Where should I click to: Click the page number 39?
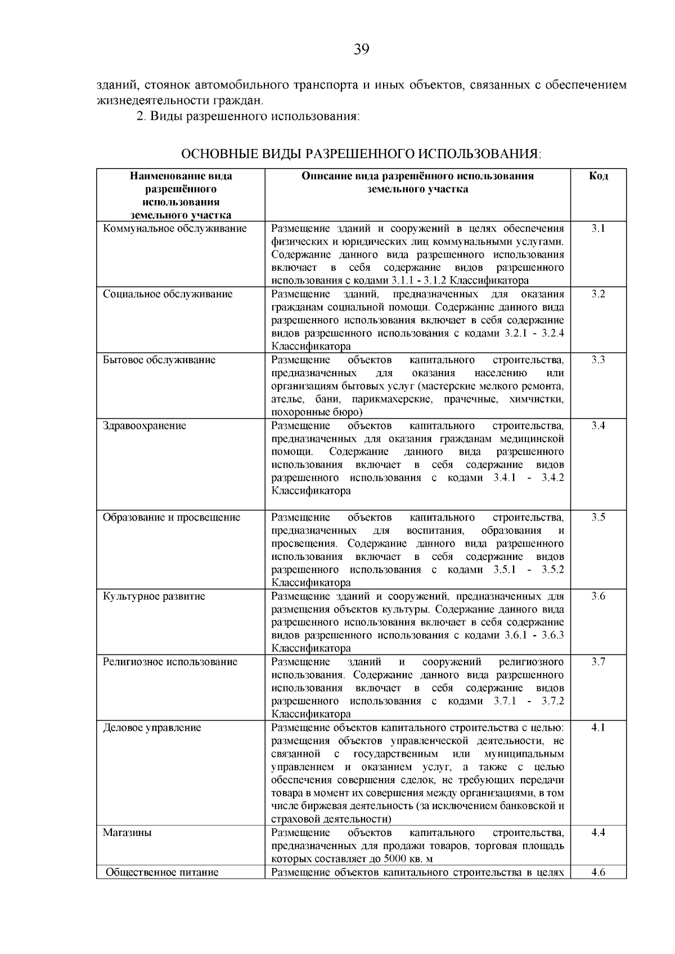[x=361, y=50]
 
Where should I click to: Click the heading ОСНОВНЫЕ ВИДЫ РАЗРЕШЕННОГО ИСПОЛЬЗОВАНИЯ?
[x=361, y=153]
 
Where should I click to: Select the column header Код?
[x=598, y=176]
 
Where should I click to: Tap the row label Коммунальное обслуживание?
[x=174, y=229]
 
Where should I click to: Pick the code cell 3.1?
[x=598, y=229]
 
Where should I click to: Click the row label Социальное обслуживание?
[x=168, y=295]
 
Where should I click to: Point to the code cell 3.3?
[x=598, y=360]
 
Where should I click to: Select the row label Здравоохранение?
[x=145, y=426]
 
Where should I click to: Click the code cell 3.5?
[x=598, y=518]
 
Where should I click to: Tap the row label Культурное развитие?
[x=154, y=596]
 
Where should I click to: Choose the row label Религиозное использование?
[x=170, y=662]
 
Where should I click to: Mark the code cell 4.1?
[x=598, y=728]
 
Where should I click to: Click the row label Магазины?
[x=127, y=833]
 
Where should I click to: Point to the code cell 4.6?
[x=598, y=872]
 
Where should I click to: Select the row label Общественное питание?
[x=162, y=872]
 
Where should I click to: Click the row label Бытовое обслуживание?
[x=159, y=360]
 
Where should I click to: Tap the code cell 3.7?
[x=598, y=662]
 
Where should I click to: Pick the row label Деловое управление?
[x=152, y=728]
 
